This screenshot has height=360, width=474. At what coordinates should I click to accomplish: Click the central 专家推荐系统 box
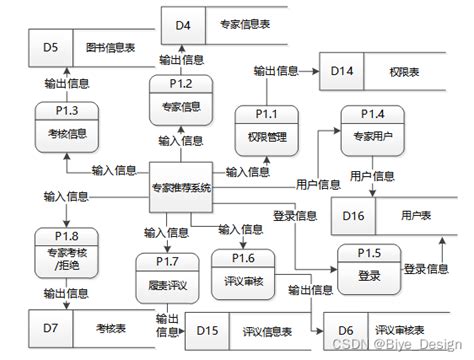[181, 188]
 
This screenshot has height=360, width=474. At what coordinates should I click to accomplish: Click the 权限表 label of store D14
[401, 73]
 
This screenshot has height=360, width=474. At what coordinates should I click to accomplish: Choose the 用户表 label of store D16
[412, 214]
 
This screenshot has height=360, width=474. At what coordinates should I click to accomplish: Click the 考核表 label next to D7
[108, 326]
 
